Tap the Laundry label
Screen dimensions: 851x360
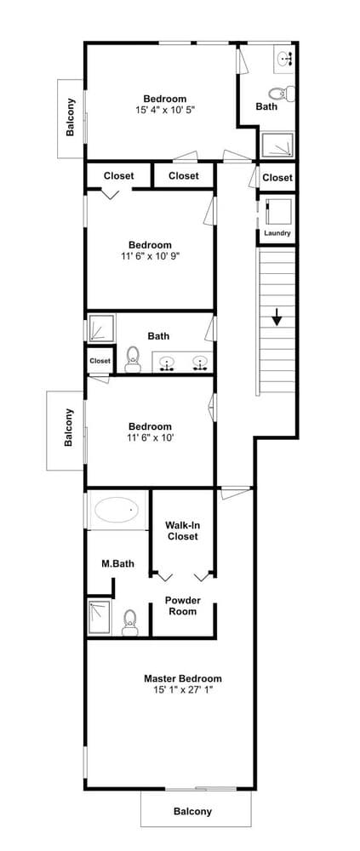277,233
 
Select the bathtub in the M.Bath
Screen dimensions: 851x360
116,511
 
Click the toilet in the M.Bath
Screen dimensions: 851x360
130,621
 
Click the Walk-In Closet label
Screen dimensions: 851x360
181,531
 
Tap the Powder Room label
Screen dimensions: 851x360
182,605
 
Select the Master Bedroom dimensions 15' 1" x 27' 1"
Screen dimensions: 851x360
182,690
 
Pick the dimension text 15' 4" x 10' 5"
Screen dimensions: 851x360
164,110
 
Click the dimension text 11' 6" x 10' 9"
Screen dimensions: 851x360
150,255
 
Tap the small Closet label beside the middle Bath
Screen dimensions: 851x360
100,361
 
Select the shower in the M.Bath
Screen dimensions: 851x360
100,617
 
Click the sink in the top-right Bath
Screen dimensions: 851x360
285,58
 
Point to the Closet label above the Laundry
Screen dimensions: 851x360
277,177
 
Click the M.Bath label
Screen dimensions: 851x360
116,563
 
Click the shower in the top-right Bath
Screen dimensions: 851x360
277,146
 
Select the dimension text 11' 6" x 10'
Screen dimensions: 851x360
150,437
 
